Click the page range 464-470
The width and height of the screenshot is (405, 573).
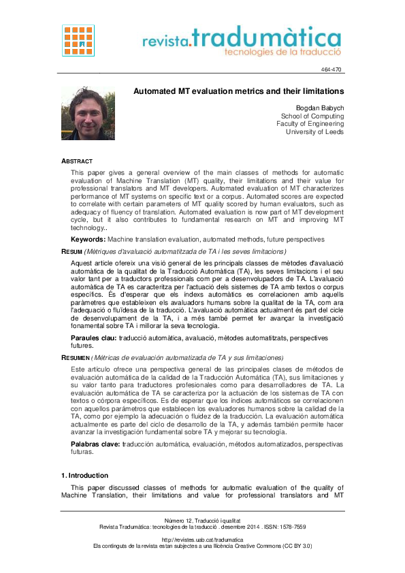coord(331,70)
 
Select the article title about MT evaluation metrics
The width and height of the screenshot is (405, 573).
coord(238,91)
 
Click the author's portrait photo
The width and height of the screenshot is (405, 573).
coord(88,113)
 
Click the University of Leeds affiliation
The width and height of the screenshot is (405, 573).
coord(314,132)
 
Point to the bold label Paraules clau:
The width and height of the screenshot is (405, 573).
coord(94,338)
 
